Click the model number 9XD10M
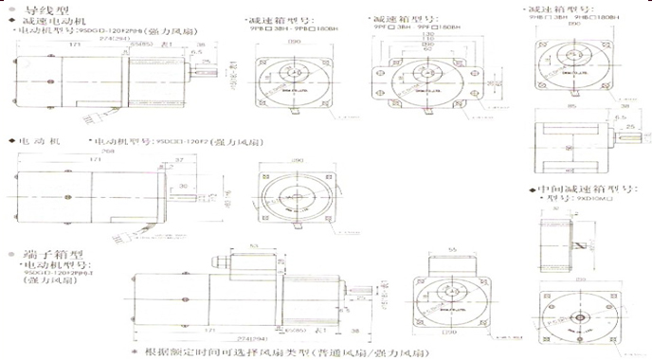[x=572, y=201]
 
